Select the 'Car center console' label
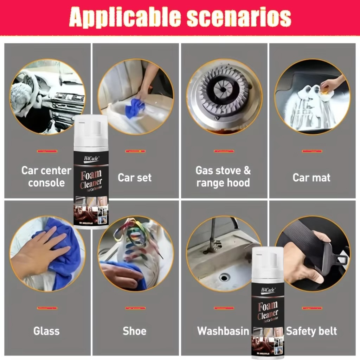46,176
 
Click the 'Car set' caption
135,178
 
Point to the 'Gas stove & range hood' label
223,176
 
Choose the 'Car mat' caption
311,178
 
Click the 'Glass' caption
46,331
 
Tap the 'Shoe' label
135,331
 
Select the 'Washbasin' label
223,331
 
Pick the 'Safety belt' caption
311,331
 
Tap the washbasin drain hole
224,277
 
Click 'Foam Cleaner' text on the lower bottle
268,310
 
